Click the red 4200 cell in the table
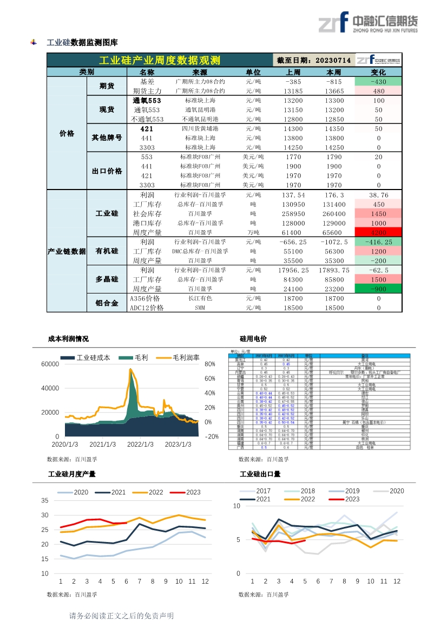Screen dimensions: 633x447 pyautogui.click(x=378, y=232)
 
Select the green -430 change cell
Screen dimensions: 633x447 pyautogui.click(x=378, y=81)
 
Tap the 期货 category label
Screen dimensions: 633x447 pyautogui.click(x=107, y=86)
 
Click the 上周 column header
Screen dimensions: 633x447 pyautogui.click(x=293, y=72)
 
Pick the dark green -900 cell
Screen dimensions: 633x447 pyautogui.click(x=378, y=289)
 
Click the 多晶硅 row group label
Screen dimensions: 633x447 pyautogui.click(x=107, y=279)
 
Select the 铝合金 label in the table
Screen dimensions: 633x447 pyautogui.click(x=107, y=303)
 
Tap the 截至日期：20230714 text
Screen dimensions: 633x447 pyautogui.click(x=314, y=60)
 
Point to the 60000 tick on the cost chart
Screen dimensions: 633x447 pyautogui.click(x=50, y=364)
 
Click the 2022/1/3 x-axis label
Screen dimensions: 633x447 pyautogui.click(x=140, y=445)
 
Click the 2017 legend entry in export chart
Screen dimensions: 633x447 pyautogui.click(x=263, y=491)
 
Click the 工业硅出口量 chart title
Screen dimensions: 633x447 pyautogui.click(x=260, y=474)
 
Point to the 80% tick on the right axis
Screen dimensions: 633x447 pyautogui.click(x=210, y=364)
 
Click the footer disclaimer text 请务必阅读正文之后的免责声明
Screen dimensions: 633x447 pyautogui.click(x=121, y=616)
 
